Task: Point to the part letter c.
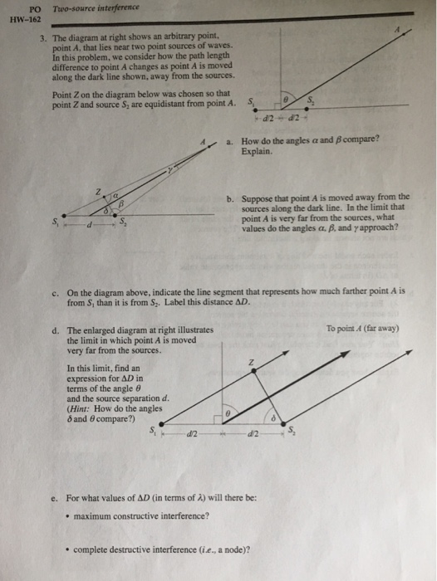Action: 53,292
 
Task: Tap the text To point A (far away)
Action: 363,328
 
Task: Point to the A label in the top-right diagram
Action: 397,29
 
